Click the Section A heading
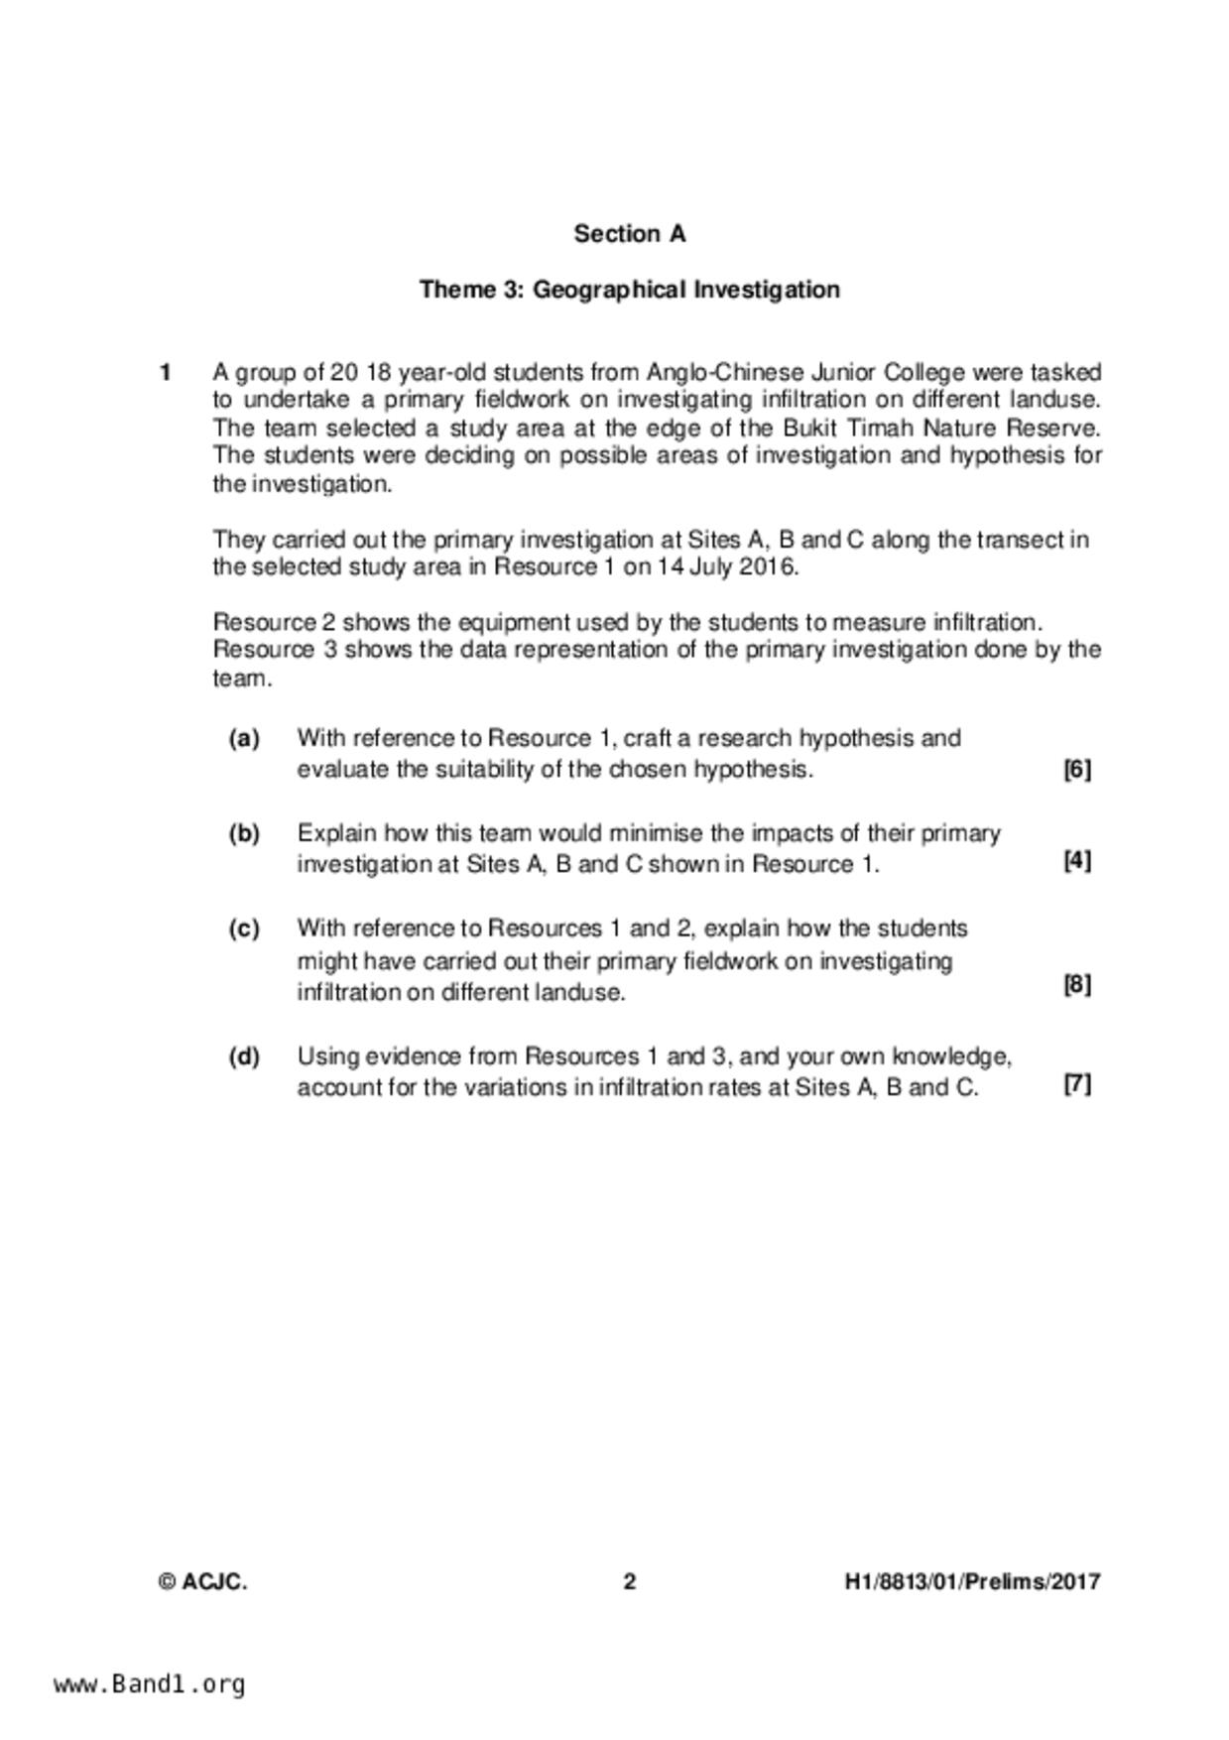click(x=629, y=234)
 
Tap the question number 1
click(x=165, y=373)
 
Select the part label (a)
click(x=244, y=739)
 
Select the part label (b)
click(x=244, y=833)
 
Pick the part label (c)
click(x=244, y=929)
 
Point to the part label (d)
click(x=244, y=1056)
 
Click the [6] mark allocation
click(x=1076, y=770)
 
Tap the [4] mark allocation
click(x=1076, y=861)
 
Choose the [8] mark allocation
click(x=1076, y=985)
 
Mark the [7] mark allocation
click(x=1076, y=1084)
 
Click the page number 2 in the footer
click(x=629, y=1582)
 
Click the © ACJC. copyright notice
click(x=202, y=1582)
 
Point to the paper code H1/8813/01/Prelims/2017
click(x=972, y=1582)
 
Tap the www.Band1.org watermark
click(x=150, y=1684)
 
